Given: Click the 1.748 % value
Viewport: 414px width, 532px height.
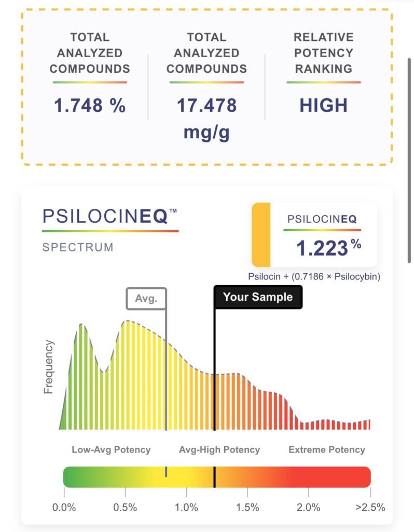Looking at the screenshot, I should click(90, 105).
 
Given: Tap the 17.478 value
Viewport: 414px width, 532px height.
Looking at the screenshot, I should click(206, 105).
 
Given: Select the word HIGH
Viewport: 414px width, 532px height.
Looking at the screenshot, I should click(323, 105).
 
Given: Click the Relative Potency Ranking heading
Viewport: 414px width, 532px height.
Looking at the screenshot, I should click(323, 52).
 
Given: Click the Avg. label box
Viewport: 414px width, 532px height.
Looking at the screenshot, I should click(146, 299).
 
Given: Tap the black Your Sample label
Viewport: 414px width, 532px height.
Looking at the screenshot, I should click(258, 297).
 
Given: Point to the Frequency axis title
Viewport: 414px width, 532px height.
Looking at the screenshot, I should click(49, 366).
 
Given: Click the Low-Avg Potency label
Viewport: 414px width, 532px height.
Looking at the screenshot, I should click(111, 450).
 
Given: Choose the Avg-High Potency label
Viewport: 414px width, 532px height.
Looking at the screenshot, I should click(219, 450).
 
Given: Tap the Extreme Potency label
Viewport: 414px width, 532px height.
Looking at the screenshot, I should click(327, 450).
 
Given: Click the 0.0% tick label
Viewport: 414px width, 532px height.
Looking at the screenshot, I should click(65, 507).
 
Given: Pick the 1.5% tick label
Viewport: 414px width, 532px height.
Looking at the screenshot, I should click(247, 507).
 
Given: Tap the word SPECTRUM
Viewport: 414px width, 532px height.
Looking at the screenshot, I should click(78, 247).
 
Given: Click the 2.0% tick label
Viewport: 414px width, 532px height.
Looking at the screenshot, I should click(308, 507).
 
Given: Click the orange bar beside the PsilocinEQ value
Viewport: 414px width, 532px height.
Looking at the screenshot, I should click(261, 234).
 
